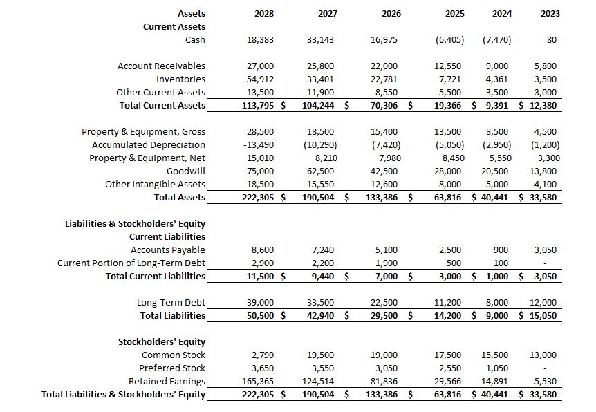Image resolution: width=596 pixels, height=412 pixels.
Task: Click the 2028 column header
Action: click(263, 13)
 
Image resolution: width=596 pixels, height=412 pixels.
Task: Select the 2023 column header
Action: click(551, 13)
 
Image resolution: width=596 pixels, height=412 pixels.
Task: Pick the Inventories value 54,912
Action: click(261, 79)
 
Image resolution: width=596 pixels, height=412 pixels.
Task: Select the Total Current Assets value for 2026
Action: click(385, 106)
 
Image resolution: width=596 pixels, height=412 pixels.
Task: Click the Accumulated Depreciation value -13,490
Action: click(261, 145)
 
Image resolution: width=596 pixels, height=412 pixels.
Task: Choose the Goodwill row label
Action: click(186, 171)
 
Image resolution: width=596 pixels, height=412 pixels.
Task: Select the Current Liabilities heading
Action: click(167, 237)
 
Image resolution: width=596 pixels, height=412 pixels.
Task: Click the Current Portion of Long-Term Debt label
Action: click(131, 263)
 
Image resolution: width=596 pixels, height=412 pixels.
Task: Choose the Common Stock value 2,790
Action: click(263, 355)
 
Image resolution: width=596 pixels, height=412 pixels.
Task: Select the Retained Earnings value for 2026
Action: click(385, 382)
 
